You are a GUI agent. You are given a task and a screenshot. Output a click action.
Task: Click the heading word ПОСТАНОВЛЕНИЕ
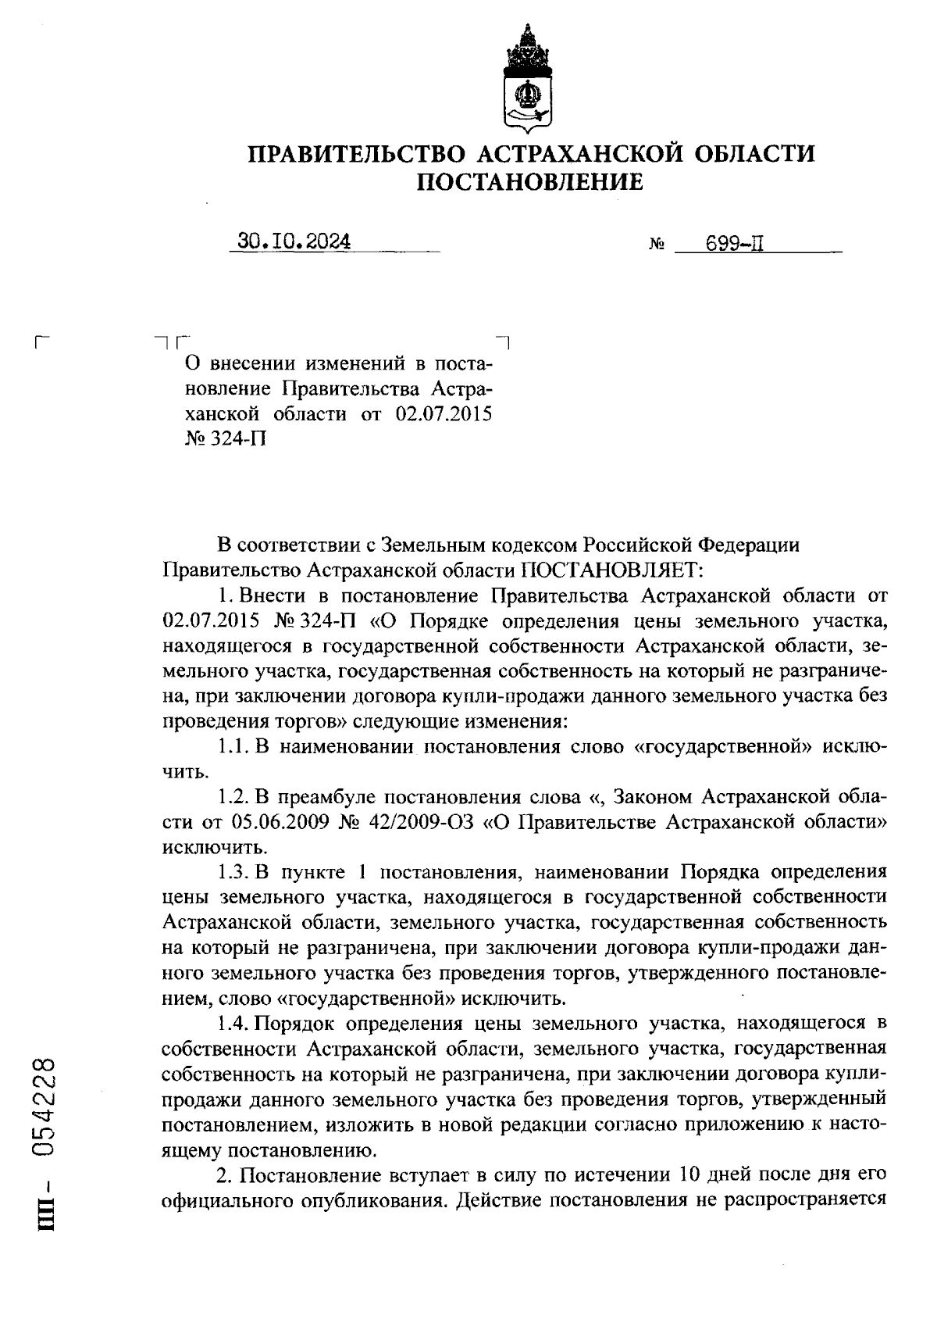pyautogui.click(x=530, y=183)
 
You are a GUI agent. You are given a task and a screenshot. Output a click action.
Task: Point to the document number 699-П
pyautogui.click(x=733, y=244)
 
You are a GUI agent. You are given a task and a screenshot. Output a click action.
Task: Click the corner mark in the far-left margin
pyautogui.click(x=43, y=341)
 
